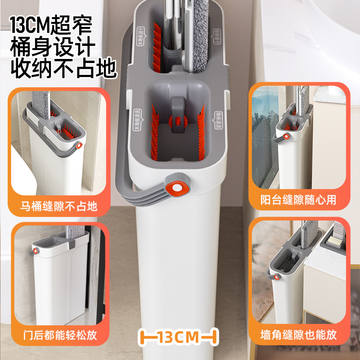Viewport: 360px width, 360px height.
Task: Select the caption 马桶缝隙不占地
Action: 58,207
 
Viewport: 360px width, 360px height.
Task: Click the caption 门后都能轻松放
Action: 58,335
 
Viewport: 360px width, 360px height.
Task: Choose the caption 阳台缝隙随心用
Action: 298,200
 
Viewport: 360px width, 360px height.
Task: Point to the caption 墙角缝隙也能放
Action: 298,335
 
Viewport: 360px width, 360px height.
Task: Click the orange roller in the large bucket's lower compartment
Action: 176,121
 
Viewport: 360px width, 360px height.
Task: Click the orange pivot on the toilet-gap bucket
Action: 80,146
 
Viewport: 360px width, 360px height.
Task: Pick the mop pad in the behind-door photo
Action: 70,236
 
